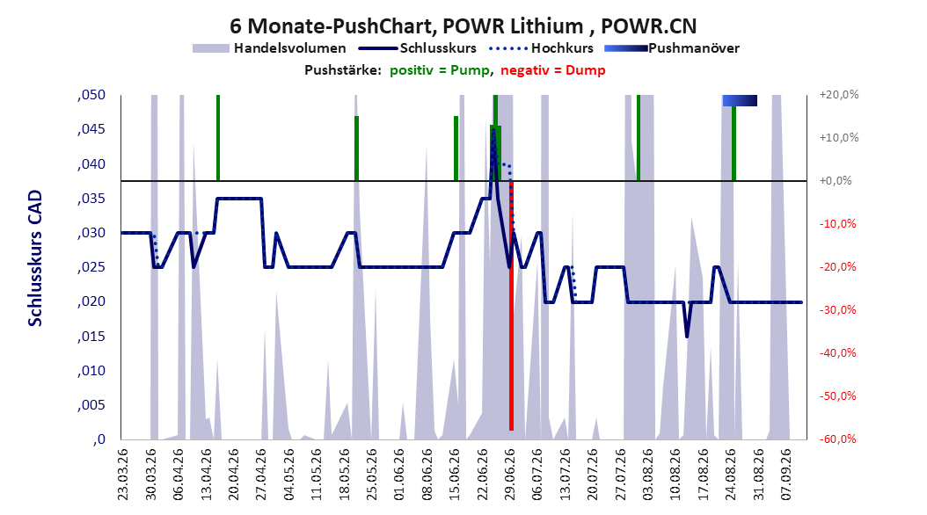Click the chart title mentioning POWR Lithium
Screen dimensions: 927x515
pyautogui.click(x=463, y=26)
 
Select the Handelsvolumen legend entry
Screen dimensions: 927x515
pyautogui.click(x=269, y=48)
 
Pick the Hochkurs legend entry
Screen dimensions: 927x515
pyautogui.click(x=541, y=48)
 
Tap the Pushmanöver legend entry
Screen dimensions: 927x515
pyautogui.click(x=672, y=48)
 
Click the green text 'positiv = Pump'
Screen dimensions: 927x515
pyautogui.click(x=439, y=70)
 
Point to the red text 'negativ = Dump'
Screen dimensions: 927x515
pyautogui.click(x=553, y=70)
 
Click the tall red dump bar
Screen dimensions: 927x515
pyautogui.click(x=511, y=305)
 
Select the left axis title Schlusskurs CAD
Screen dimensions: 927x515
pyautogui.click(x=35, y=258)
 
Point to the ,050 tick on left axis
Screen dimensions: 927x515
pyautogui.click(x=91, y=95)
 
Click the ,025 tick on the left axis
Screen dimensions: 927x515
pyautogui.click(x=91, y=267)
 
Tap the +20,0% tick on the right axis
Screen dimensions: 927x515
pyautogui.click(x=839, y=95)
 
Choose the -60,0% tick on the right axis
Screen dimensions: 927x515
pyautogui.click(x=837, y=439)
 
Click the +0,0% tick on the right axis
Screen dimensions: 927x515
pyautogui.click(x=836, y=181)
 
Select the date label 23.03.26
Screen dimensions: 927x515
pyautogui.click(x=122, y=475)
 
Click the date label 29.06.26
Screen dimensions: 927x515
pyautogui.click(x=510, y=475)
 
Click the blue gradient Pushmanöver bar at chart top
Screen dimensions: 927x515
pyautogui.click(x=740, y=100)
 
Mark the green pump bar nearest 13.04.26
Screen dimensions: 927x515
pyautogui.click(x=218, y=138)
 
